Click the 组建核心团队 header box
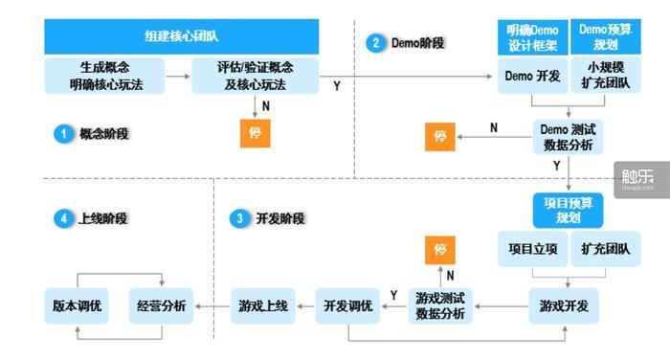(x=181, y=37)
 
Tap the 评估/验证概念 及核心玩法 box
(x=254, y=75)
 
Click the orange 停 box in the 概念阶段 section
(x=255, y=133)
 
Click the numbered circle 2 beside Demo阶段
(x=375, y=42)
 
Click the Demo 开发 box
(x=531, y=76)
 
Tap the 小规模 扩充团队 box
(x=604, y=76)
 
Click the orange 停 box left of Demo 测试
(x=440, y=136)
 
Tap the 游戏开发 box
(x=565, y=307)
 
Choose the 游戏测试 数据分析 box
(x=439, y=307)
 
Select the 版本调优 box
(x=77, y=306)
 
